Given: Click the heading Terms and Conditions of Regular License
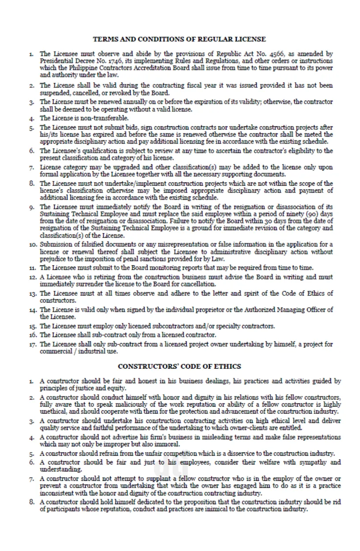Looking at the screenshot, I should (x=180, y=39).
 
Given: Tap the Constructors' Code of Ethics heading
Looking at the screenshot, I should (x=180, y=366).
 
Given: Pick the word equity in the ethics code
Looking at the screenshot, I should (x=116, y=388).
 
